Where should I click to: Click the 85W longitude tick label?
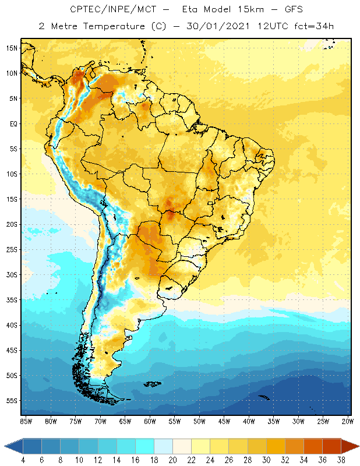26,421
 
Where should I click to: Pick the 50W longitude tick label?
199,421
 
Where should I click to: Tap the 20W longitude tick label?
348,421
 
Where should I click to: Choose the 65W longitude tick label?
125,421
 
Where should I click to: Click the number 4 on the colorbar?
23,460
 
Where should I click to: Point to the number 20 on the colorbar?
172,460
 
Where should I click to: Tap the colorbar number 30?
266,460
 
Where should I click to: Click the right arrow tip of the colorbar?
358,446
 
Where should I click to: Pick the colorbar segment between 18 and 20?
163,446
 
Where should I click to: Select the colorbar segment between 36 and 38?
331,446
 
